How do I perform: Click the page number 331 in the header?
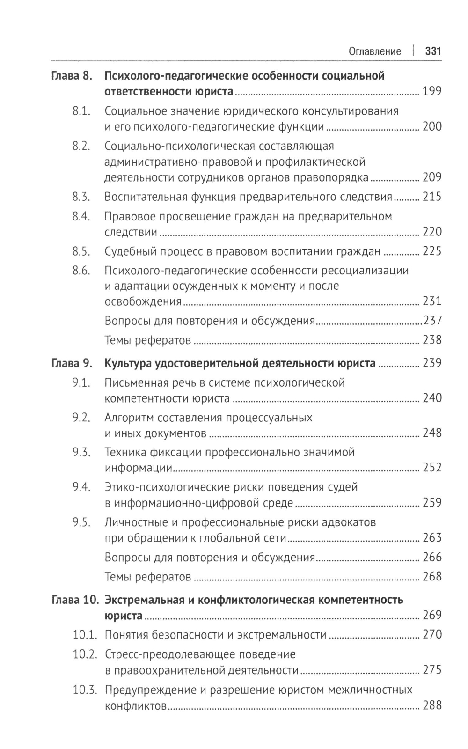tap(433, 51)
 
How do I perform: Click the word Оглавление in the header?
tap(375, 51)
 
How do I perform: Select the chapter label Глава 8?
tap(71, 76)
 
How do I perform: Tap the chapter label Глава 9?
tap(71, 363)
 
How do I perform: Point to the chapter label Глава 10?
tap(74, 600)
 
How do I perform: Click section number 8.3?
tap(81, 197)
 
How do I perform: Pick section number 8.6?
tap(81, 271)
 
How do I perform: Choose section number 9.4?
tap(81, 487)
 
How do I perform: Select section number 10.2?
tap(85, 654)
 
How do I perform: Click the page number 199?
tap(431, 91)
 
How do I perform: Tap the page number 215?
tap(431, 197)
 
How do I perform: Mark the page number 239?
tap(431, 363)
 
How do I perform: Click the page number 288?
tap(431, 705)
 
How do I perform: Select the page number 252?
tap(431, 468)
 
